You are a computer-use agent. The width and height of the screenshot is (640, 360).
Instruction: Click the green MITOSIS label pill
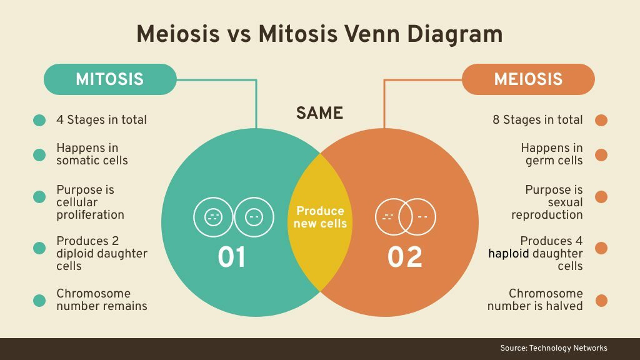click(109, 79)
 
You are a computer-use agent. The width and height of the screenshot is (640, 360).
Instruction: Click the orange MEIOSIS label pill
click(528, 79)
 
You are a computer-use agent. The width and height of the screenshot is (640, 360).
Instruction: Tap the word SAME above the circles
click(319, 113)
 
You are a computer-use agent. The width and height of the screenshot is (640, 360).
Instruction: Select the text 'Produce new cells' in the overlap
click(320, 217)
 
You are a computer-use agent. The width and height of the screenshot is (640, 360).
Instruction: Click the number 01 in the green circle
click(232, 257)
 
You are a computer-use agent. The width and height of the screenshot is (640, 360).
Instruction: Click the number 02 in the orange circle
click(405, 257)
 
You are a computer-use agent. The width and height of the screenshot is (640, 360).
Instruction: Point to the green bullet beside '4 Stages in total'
click(39, 120)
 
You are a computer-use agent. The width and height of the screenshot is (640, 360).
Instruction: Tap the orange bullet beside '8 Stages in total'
click(601, 120)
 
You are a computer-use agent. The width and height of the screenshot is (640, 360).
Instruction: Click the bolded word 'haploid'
click(509, 254)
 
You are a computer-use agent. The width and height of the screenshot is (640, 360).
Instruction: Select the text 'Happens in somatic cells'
click(92, 154)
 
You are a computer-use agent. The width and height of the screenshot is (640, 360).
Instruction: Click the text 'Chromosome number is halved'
click(535, 300)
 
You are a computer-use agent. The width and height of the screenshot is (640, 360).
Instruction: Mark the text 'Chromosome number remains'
click(101, 300)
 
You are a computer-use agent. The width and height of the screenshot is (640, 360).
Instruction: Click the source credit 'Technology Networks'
click(568, 348)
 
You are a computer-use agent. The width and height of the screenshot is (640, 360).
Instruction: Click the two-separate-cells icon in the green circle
click(232, 217)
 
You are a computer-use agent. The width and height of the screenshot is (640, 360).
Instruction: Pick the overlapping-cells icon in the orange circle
click(405, 217)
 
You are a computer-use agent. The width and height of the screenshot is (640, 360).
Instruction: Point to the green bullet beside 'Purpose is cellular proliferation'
click(39, 197)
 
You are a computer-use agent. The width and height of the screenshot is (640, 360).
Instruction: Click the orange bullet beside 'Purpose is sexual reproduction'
click(601, 197)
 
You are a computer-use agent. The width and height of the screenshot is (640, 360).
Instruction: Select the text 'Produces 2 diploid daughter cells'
click(101, 253)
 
